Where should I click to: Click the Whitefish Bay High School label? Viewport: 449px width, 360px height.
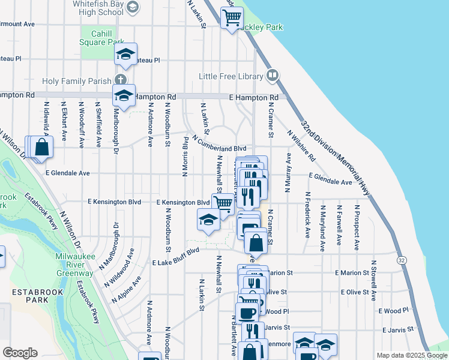click(92, 7)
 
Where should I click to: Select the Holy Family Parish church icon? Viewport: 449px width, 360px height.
click(121, 80)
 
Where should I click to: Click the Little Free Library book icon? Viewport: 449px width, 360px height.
click(273, 76)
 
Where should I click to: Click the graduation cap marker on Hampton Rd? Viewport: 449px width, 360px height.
click(124, 95)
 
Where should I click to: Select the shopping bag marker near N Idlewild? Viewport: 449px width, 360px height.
click(41, 146)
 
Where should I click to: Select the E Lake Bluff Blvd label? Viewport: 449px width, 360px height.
click(175, 255)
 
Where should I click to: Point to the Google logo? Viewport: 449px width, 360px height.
click(20, 353)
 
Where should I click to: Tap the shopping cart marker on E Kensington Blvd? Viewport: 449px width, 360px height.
click(223, 203)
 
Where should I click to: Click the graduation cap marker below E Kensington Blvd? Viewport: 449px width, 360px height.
click(208, 220)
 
